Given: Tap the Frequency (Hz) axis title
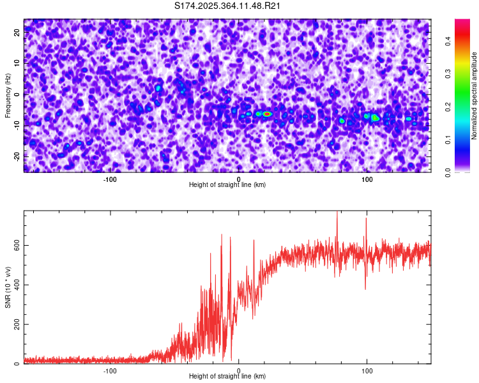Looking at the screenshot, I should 8,96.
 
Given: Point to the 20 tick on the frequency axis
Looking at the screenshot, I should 17,33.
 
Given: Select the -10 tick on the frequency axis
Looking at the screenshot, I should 17,125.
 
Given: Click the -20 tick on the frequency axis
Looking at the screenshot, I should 17,156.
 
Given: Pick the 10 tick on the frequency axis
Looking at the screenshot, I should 17,63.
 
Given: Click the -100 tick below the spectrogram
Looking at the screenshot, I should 110,179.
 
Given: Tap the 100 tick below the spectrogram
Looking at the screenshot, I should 367,179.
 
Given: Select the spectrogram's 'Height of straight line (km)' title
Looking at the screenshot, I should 227,185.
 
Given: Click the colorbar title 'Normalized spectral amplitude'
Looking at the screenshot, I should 475,96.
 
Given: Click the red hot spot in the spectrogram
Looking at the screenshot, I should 267,114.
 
